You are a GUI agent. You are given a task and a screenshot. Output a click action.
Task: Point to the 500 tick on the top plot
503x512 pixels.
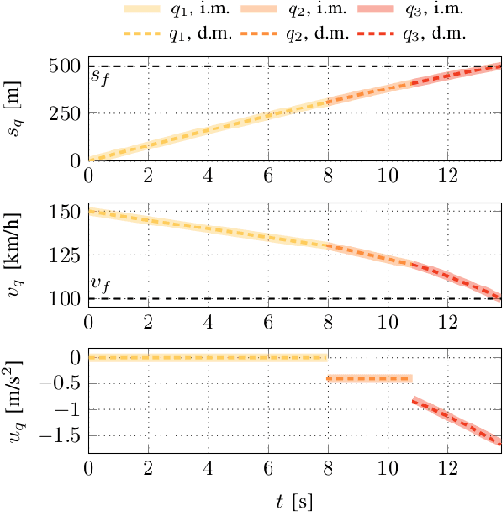click(x=66, y=67)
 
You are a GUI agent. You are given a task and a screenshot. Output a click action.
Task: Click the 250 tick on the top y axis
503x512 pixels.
click(x=66, y=113)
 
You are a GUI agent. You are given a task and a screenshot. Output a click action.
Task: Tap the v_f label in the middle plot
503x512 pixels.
click(x=99, y=284)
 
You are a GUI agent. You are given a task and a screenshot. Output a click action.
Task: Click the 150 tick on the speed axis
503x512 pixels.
click(x=66, y=211)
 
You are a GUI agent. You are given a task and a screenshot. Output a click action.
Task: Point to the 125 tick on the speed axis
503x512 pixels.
click(x=66, y=255)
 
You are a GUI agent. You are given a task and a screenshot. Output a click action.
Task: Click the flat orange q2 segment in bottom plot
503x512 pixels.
click(x=370, y=378)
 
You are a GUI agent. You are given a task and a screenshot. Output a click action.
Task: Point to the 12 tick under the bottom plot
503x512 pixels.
click(x=447, y=469)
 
